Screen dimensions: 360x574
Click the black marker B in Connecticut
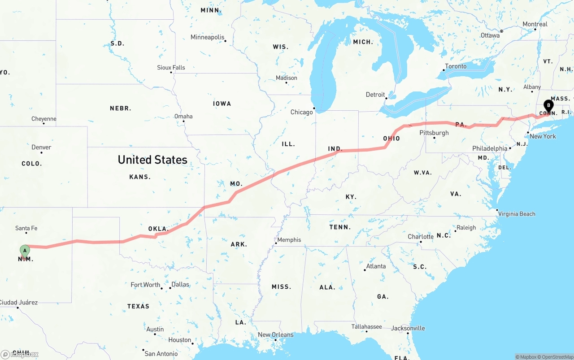coord(548,106)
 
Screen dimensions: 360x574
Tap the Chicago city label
coord(301,112)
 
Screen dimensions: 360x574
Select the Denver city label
coord(41,147)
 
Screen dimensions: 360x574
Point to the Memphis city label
coord(289,240)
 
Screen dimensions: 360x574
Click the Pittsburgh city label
coord(434,133)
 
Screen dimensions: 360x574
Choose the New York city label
coord(543,136)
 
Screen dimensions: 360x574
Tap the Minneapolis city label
coord(207,37)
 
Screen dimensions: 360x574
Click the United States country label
coord(152,160)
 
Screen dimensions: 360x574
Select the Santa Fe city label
coord(26,228)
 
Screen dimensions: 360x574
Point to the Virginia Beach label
coord(517,214)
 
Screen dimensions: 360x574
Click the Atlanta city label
coord(376,266)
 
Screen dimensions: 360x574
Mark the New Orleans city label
coord(275,334)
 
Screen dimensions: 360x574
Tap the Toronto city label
coord(456,66)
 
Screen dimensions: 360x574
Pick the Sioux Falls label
coord(171,68)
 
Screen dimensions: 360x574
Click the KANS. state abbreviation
coord(140,177)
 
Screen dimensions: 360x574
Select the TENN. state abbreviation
coord(340,227)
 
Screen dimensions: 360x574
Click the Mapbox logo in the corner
coord(20,354)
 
